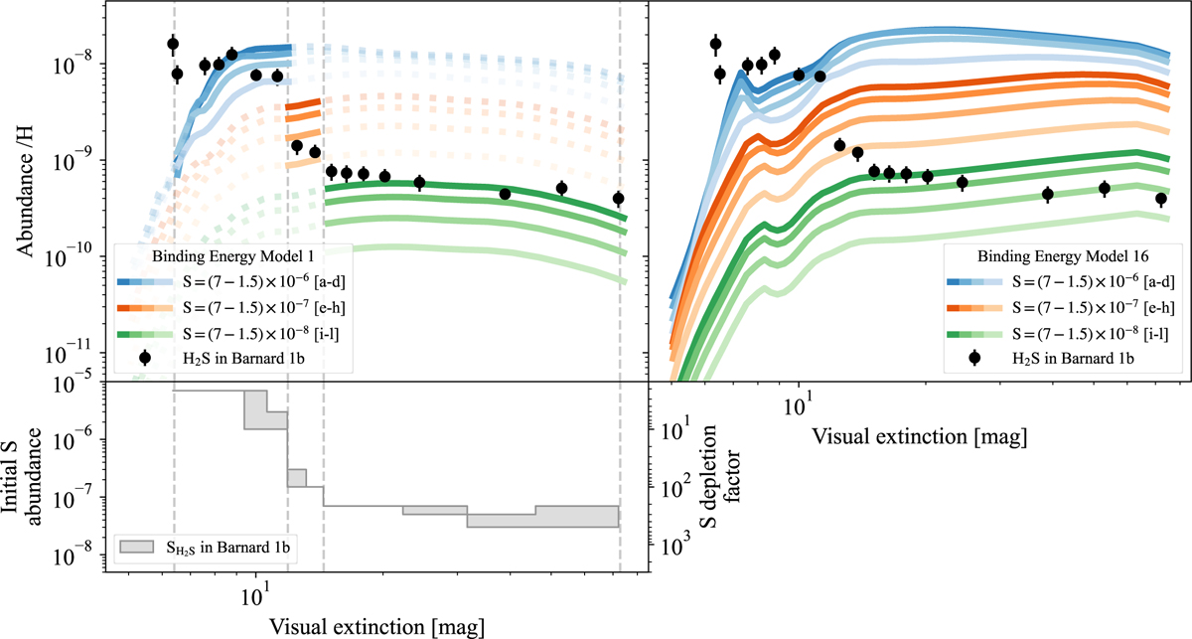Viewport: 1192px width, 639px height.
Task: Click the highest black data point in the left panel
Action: [x=173, y=44]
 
